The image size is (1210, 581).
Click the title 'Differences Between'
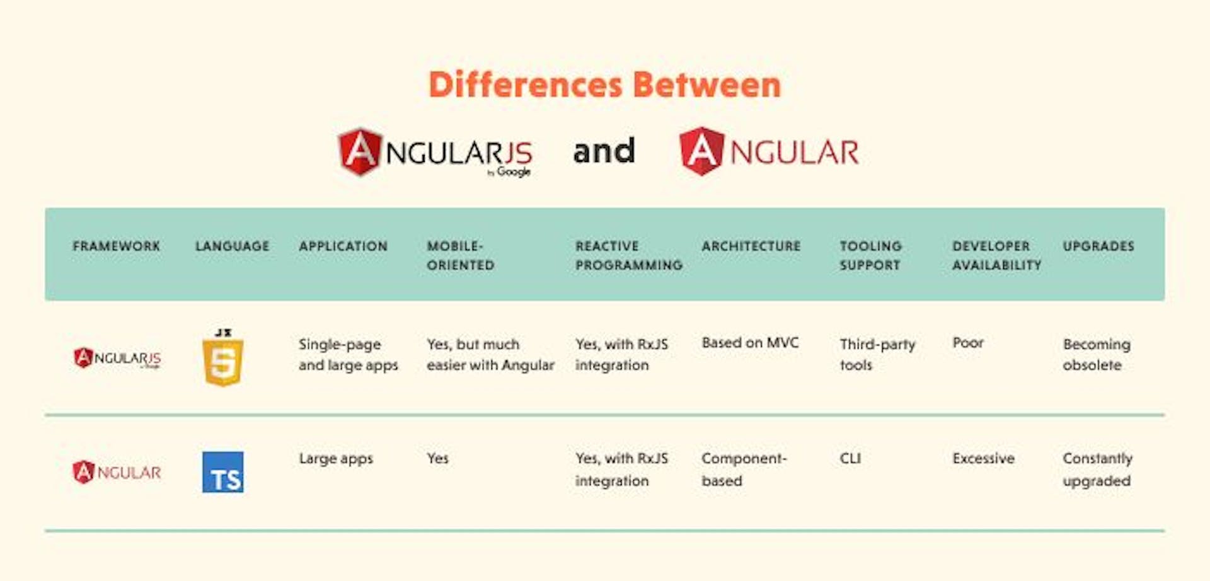tap(604, 84)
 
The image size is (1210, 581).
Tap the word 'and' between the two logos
tap(604, 151)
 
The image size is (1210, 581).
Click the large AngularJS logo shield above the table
tap(360, 152)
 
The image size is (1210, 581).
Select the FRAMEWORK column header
tap(117, 246)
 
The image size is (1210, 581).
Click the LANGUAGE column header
tap(232, 246)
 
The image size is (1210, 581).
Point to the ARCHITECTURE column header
tap(751, 246)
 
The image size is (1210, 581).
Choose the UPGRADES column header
tap(1098, 246)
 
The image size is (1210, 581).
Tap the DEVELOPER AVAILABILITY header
tap(996, 255)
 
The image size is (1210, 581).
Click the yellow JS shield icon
tap(223, 358)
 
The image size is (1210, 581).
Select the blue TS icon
tap(223, 472)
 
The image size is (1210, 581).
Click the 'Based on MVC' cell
tap(750, 343)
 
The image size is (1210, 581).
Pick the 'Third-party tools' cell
tap(877, 354)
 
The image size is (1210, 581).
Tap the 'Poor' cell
tap(968, 343)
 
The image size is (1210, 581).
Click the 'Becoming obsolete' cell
tap(1097, 354)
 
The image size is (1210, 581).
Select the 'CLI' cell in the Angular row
tap(850, 458)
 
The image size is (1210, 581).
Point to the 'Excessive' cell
tap(983, 458)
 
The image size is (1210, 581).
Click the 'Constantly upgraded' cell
tap(1097, 469)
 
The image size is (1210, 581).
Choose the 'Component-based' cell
tap(744, 469)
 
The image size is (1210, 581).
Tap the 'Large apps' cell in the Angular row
tap(336, 458)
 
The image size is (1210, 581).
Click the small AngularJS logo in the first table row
tap(117, 358)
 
